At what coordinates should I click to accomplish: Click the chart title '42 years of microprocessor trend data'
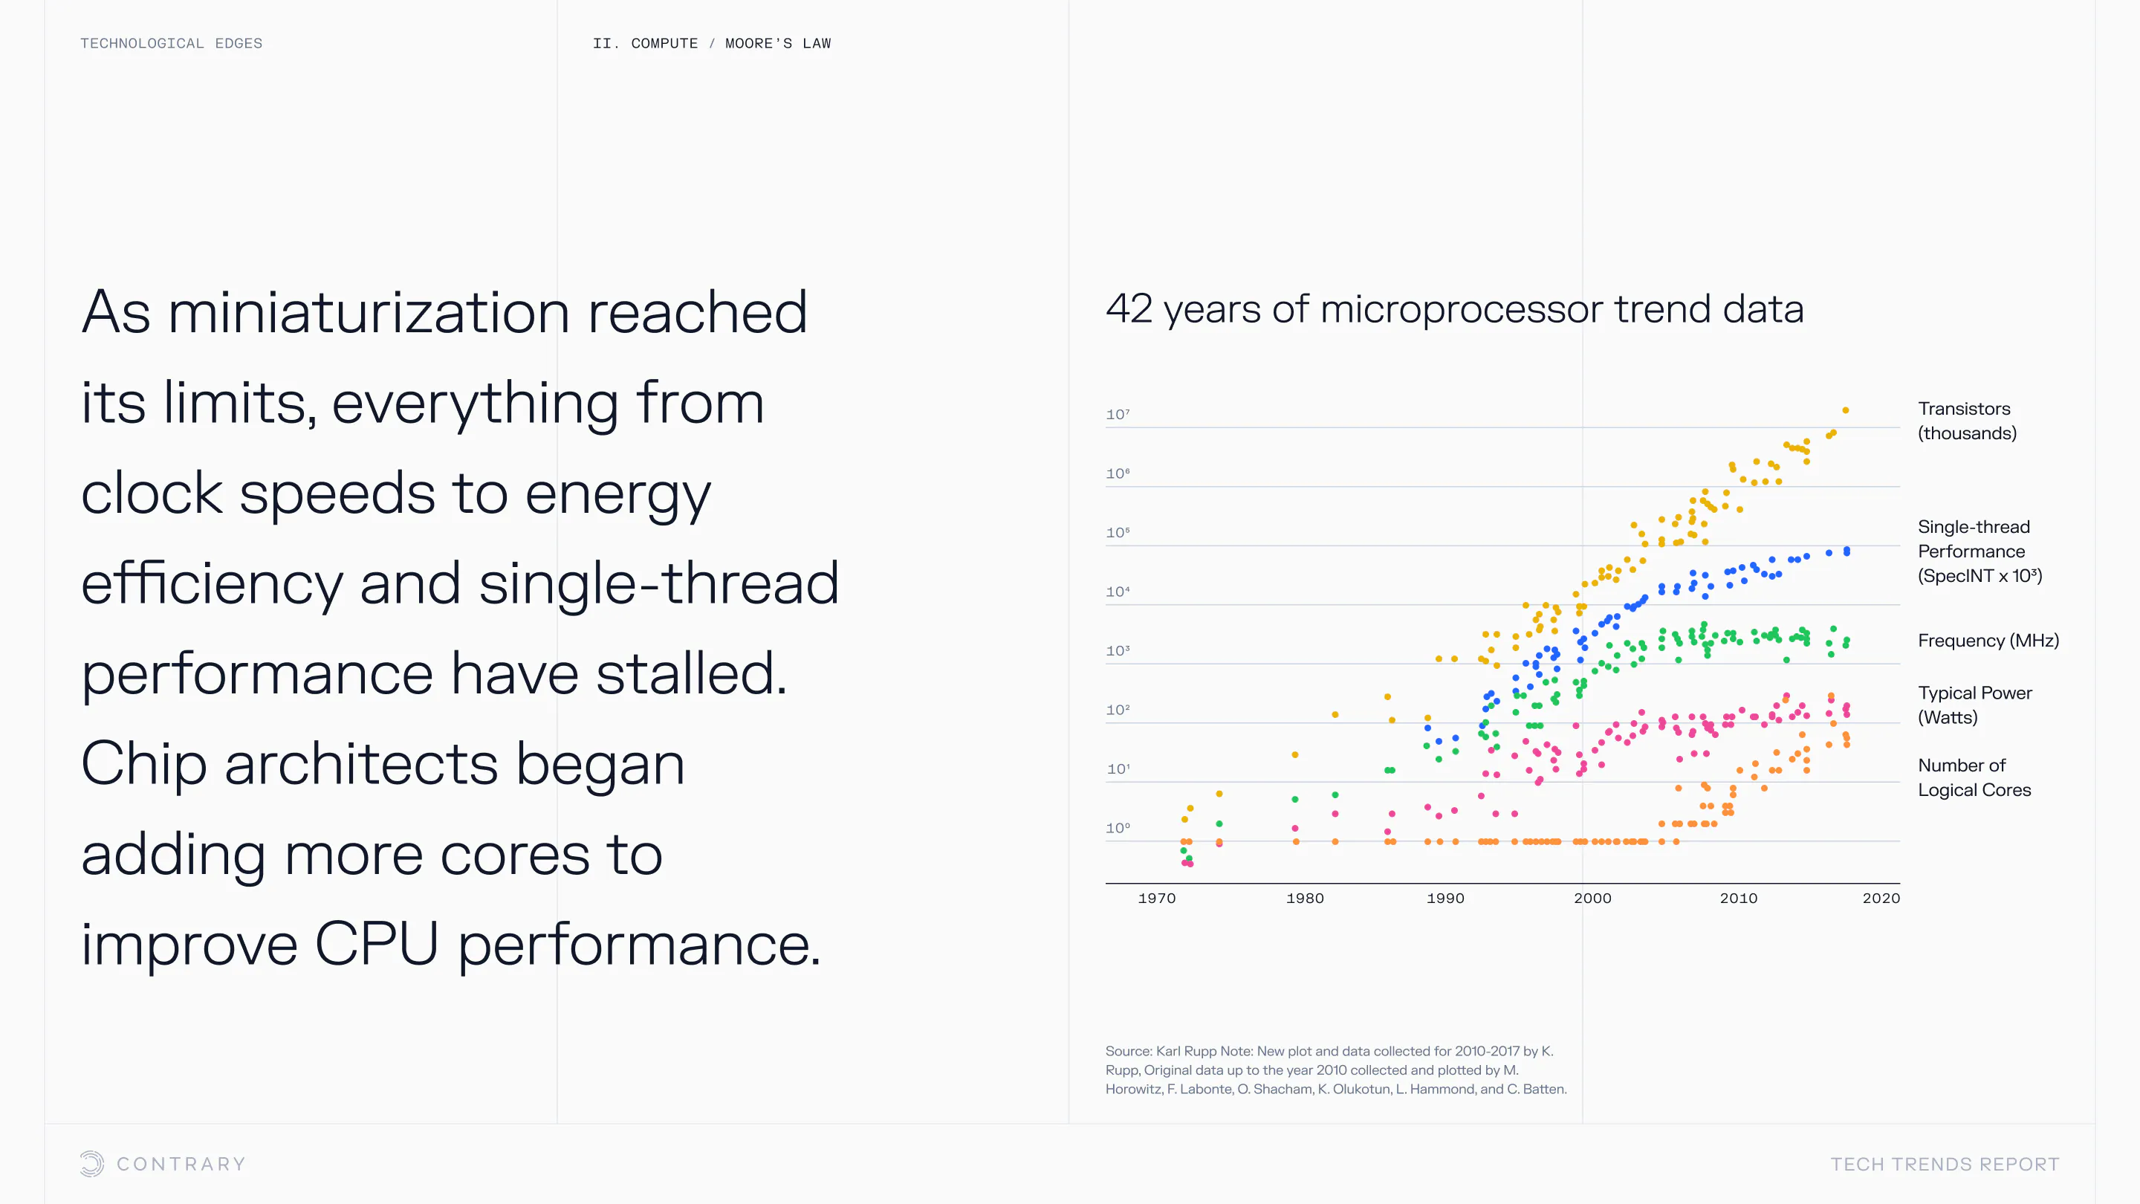click(x=1454, y=309)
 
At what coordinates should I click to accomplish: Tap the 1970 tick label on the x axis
click(x=1156, y=899)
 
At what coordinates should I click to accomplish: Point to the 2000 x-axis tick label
click(x=1592, y=899)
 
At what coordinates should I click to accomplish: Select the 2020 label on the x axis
click(x=1881, y=899)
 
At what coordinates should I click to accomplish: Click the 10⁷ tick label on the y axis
click(x=1118, y=415)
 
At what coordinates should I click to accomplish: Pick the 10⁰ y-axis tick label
click(x=1118, y=829)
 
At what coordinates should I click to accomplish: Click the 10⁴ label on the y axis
click(x=1118, y=592)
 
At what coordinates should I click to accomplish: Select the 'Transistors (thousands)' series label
click(x=1966, y=421)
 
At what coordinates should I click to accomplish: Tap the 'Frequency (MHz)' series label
click(x=1988, y=641)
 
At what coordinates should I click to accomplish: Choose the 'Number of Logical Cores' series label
click(x=1974, y=777)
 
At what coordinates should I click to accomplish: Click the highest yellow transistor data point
click(x=1845, y=410)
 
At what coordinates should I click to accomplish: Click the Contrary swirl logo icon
click(x=92, y=1163)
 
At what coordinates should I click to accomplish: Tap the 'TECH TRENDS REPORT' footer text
click(x=1945, y=1164)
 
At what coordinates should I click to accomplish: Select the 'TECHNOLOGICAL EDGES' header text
click(x=171, y=43)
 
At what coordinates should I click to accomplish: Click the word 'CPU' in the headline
click(x=376, y=945)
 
